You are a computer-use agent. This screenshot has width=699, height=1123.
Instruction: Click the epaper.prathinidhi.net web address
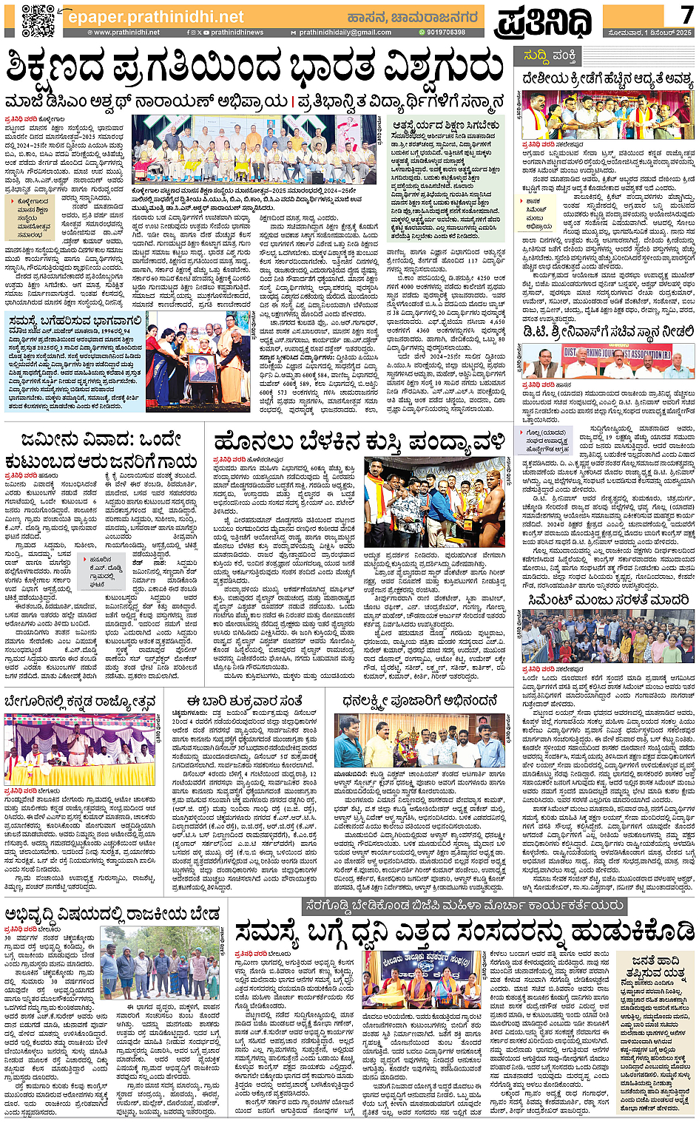(x=155, y=16)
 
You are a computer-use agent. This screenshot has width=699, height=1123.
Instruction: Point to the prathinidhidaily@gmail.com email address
(x=345, y=33)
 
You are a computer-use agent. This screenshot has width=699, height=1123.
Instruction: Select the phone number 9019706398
(x=445, y=33)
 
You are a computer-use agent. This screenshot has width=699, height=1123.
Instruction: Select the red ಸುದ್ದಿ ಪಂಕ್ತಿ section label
(x=550, y=55)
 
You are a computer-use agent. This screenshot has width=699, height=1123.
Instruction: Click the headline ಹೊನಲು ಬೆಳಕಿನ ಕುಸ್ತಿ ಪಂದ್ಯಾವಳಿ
(x=360, y=442)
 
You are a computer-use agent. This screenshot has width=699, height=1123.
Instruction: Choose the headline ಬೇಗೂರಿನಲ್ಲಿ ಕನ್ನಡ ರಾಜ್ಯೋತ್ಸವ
(x=80, y=701)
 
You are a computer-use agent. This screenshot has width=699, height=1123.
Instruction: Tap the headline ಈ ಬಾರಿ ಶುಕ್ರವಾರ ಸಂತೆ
(x=244, y=701)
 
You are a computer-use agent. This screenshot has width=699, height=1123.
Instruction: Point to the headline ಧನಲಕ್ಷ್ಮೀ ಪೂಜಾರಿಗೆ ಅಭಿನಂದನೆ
(x=419, y=701)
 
